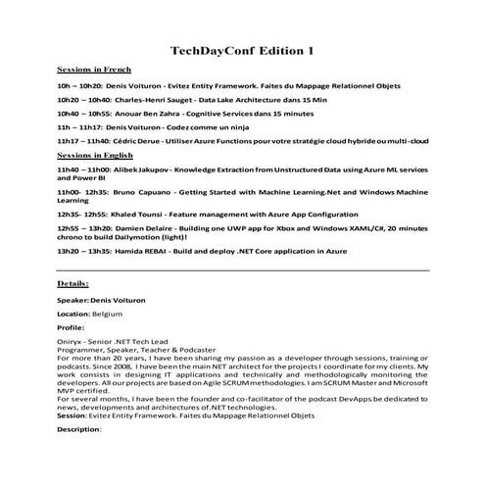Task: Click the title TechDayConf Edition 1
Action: point(242,49)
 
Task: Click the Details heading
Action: point(73,283)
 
